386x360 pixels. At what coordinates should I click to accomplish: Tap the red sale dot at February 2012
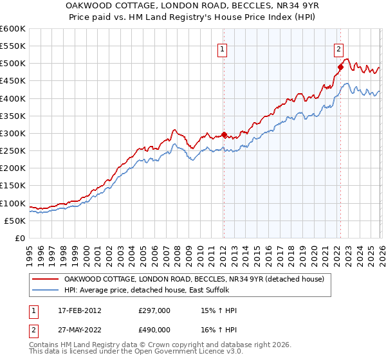(x=224, y=135)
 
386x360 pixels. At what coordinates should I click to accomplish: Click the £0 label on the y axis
(x=21, y=238)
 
